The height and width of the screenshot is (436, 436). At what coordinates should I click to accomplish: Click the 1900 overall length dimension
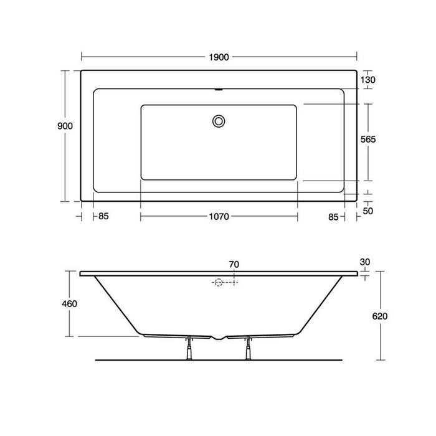pyautogui.click(x=219, y=57)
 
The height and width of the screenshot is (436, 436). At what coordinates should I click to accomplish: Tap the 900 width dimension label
pyautogui.click(x=65, y=126)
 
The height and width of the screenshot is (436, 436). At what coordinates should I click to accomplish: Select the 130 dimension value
pyautogui.click(x=368, y=80)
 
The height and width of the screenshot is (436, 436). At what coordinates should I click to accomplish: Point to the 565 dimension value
pyautogui.click(x=368, y=139)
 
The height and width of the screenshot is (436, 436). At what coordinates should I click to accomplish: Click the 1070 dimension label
pyautogui.click(x=219, y=216)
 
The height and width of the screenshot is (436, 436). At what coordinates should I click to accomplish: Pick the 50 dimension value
pyautogui.click(x=368, y=211)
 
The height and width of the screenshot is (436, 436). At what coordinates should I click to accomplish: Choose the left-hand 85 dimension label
pyautogui.click(x=103, y=216)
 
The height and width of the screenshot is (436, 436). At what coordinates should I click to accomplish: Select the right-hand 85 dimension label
pyautogui.click(x=333, y=217)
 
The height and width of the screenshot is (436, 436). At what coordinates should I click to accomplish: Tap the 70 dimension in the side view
pyautogui.click(x=234, y=265)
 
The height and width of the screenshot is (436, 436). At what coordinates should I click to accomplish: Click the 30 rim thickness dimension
pyautogui.click(x=365, y=262)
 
